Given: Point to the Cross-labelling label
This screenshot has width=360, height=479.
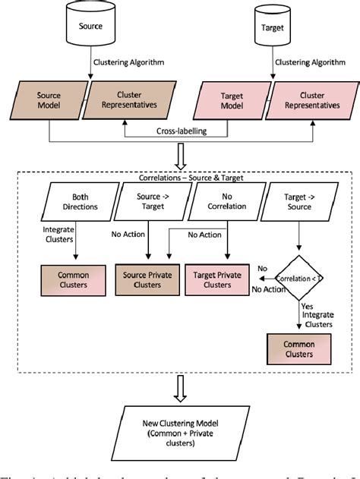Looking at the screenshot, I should (x=178, y=131).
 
